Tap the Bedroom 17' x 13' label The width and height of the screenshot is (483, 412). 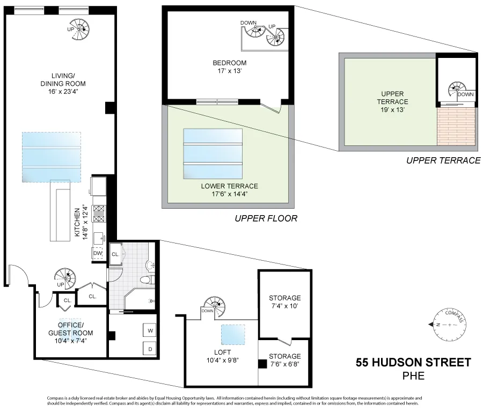coord(229,67)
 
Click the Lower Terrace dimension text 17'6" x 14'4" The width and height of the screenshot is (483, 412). coord(229,194)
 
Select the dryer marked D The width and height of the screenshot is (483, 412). coord(149,349)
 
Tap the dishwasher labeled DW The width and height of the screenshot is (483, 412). coord(98,252)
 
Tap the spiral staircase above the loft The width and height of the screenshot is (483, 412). coord(217,306)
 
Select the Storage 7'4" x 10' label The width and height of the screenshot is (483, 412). coord(285,302)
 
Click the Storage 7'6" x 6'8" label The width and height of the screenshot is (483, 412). coord(285,360)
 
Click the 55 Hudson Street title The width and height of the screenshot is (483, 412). coord(413,363)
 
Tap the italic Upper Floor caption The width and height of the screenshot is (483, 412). coord(266,219)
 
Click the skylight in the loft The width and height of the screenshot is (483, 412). coord(233,334)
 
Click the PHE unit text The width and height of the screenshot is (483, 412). coord(413,376)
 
